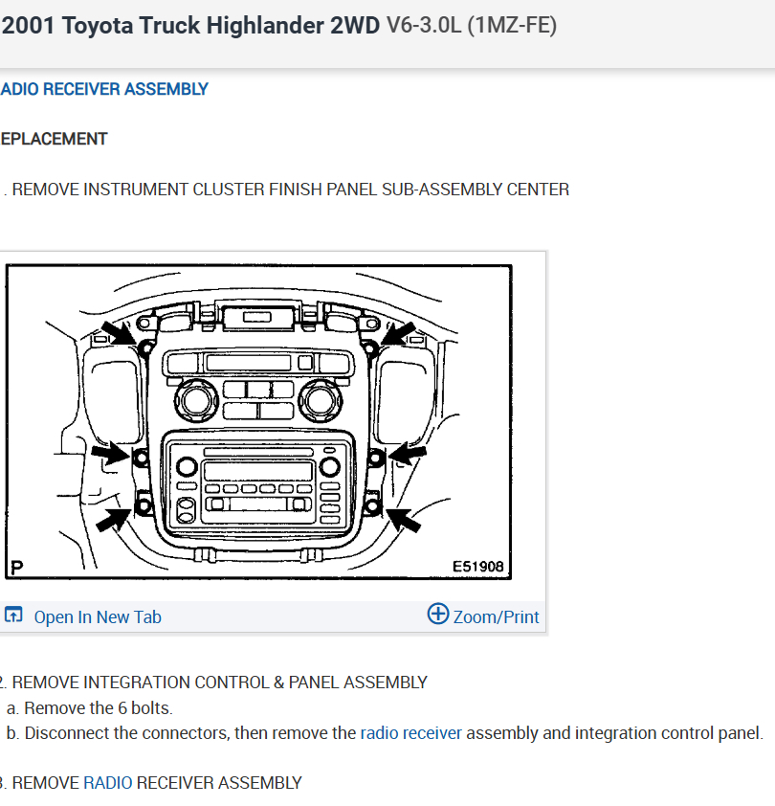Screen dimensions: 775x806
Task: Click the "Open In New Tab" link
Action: pos(97,617)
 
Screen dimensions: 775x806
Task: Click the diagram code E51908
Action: pos(477,567)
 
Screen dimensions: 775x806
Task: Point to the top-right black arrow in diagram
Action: pos(401,334)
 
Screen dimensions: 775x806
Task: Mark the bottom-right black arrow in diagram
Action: pos(403,519)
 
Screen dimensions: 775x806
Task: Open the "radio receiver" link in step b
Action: pos(410,733)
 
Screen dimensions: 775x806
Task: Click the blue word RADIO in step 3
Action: pos(108,783)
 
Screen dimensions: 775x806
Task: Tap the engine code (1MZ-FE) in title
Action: pos(511,26)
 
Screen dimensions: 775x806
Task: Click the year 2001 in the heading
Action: pos(30,26)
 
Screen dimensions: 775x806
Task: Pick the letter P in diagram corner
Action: pos(15,567)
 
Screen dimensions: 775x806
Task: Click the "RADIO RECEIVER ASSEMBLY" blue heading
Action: pos(104,89)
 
